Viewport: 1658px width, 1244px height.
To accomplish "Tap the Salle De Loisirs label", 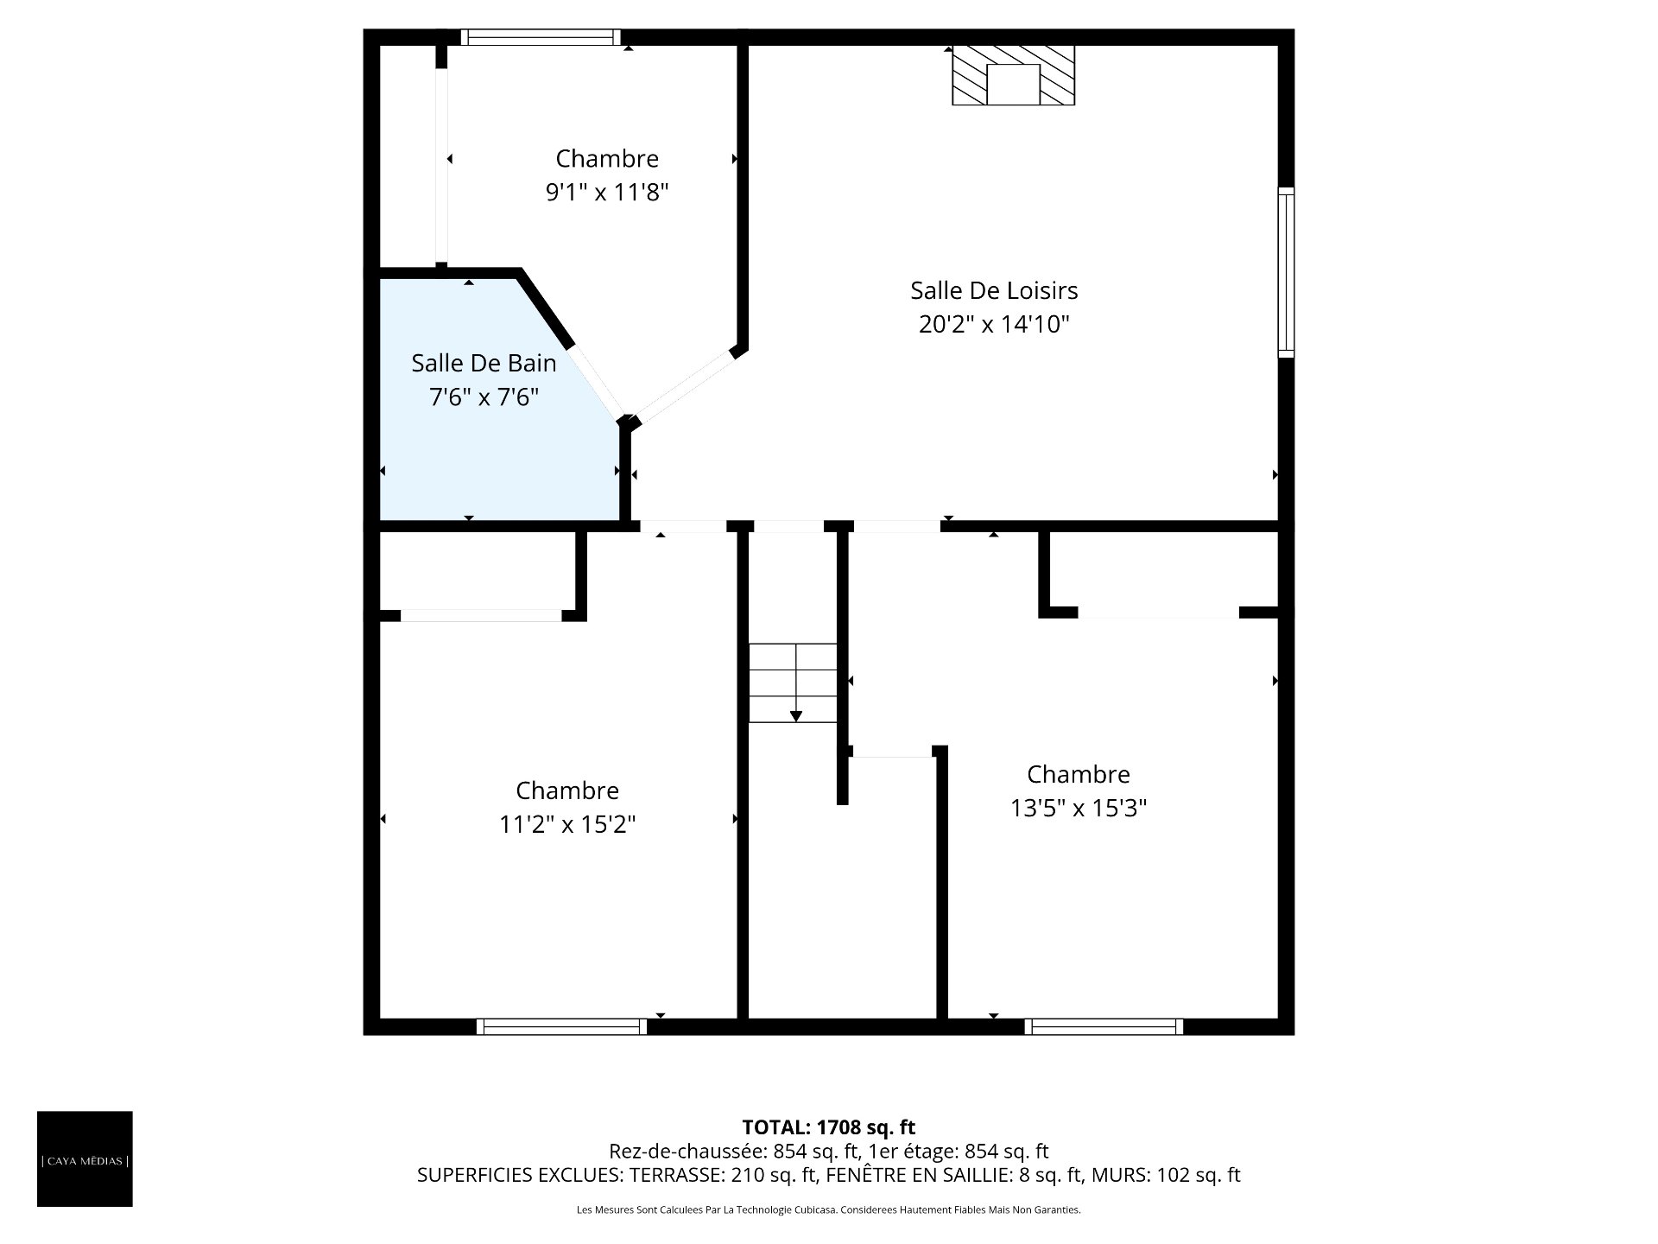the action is point(994,290).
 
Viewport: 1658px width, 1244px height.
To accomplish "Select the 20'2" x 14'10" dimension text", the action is point(994,324).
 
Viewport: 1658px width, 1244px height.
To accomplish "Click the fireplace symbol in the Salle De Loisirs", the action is point(1013,75).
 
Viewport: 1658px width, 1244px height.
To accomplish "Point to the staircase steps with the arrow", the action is point(793,682).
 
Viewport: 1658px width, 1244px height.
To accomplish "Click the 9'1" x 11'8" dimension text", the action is point(607,192).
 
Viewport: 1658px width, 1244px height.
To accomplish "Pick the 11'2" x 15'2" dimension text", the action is point(567,824).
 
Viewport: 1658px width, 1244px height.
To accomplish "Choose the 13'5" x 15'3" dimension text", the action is point(1079,808).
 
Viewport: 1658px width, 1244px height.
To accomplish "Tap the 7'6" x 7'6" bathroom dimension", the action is point(484,397).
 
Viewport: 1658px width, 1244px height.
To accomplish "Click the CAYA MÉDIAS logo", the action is point(85,1158).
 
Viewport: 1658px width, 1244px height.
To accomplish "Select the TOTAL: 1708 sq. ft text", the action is point(829,1127).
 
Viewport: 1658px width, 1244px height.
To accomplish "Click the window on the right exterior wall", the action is point(1286,272).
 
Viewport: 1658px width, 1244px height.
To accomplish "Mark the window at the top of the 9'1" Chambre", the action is point(541,37).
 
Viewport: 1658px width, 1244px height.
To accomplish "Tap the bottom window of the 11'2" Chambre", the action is point(561,1026).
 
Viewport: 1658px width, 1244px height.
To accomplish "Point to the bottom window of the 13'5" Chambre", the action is point(1104,1026).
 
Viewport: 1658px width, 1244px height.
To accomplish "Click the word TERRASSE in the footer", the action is point(676,1175).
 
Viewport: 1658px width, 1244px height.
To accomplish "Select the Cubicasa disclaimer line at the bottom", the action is point(829,1210).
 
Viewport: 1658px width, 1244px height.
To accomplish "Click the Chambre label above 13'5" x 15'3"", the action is point(1079,774).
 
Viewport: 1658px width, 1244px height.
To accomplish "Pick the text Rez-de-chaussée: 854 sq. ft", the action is point(734,1151).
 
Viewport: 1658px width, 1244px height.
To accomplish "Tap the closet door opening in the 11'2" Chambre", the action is point(481,615).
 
